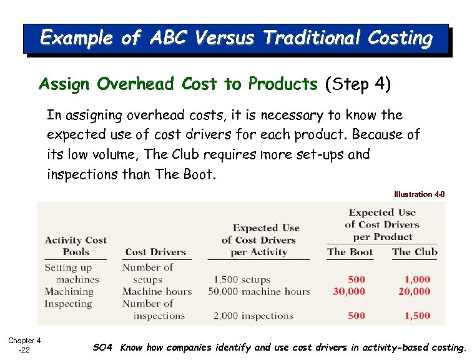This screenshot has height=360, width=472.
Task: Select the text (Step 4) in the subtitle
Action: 358,84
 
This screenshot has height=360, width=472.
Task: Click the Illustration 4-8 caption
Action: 419,194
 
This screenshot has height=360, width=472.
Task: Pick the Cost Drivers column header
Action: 155,252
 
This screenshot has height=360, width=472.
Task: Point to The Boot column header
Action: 350,252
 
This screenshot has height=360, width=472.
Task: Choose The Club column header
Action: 415,252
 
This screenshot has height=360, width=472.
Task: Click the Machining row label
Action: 69,292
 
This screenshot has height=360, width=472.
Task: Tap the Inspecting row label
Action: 68,304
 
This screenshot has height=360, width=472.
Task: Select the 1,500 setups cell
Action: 242,280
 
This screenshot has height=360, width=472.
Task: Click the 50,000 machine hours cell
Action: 258,292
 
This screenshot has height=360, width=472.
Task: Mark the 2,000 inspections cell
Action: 253,316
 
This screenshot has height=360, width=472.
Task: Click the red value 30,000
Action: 348,292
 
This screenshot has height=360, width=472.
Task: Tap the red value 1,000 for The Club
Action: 417,280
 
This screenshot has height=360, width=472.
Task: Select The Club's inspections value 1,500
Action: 417,316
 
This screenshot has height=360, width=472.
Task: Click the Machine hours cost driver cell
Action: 157,292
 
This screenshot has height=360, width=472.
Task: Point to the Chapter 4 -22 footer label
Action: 24,345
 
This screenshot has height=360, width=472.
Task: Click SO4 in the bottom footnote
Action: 103,347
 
